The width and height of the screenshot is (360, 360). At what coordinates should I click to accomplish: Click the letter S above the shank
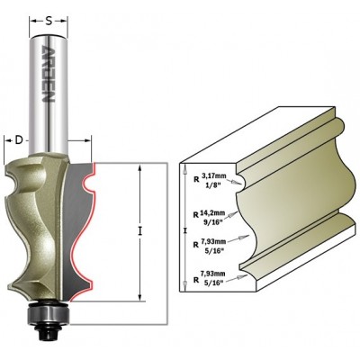click(x=49, y=21)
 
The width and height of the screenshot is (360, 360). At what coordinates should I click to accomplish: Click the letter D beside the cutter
click(x=19, y=140)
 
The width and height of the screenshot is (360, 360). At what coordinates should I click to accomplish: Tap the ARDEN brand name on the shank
click(x=48, y=74)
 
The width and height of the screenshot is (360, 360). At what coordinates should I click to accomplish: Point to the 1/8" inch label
click(x=213, y=185)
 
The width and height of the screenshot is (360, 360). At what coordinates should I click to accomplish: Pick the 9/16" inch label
click(x=213, y=223)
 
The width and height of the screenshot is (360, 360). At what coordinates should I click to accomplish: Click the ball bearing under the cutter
click(x=49, y=314)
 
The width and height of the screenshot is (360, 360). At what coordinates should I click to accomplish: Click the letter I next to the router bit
click(x=139, y=231)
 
